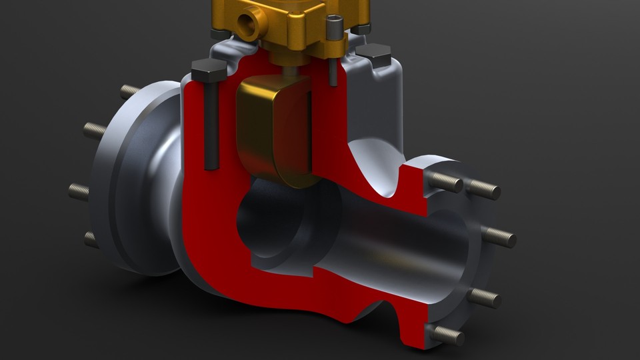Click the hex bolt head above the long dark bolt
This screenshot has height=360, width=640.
(207, 68)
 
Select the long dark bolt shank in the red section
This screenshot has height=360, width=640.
(211, 127)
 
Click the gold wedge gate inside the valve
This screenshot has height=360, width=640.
(273, 130)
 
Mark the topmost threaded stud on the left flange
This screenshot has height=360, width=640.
(129, 91)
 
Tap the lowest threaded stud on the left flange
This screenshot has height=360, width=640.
(90, 239)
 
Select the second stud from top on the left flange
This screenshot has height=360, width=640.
(95, 130)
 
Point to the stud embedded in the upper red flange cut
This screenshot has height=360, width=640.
(445, 181)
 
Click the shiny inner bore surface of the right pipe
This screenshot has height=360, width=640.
(400, 247)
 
